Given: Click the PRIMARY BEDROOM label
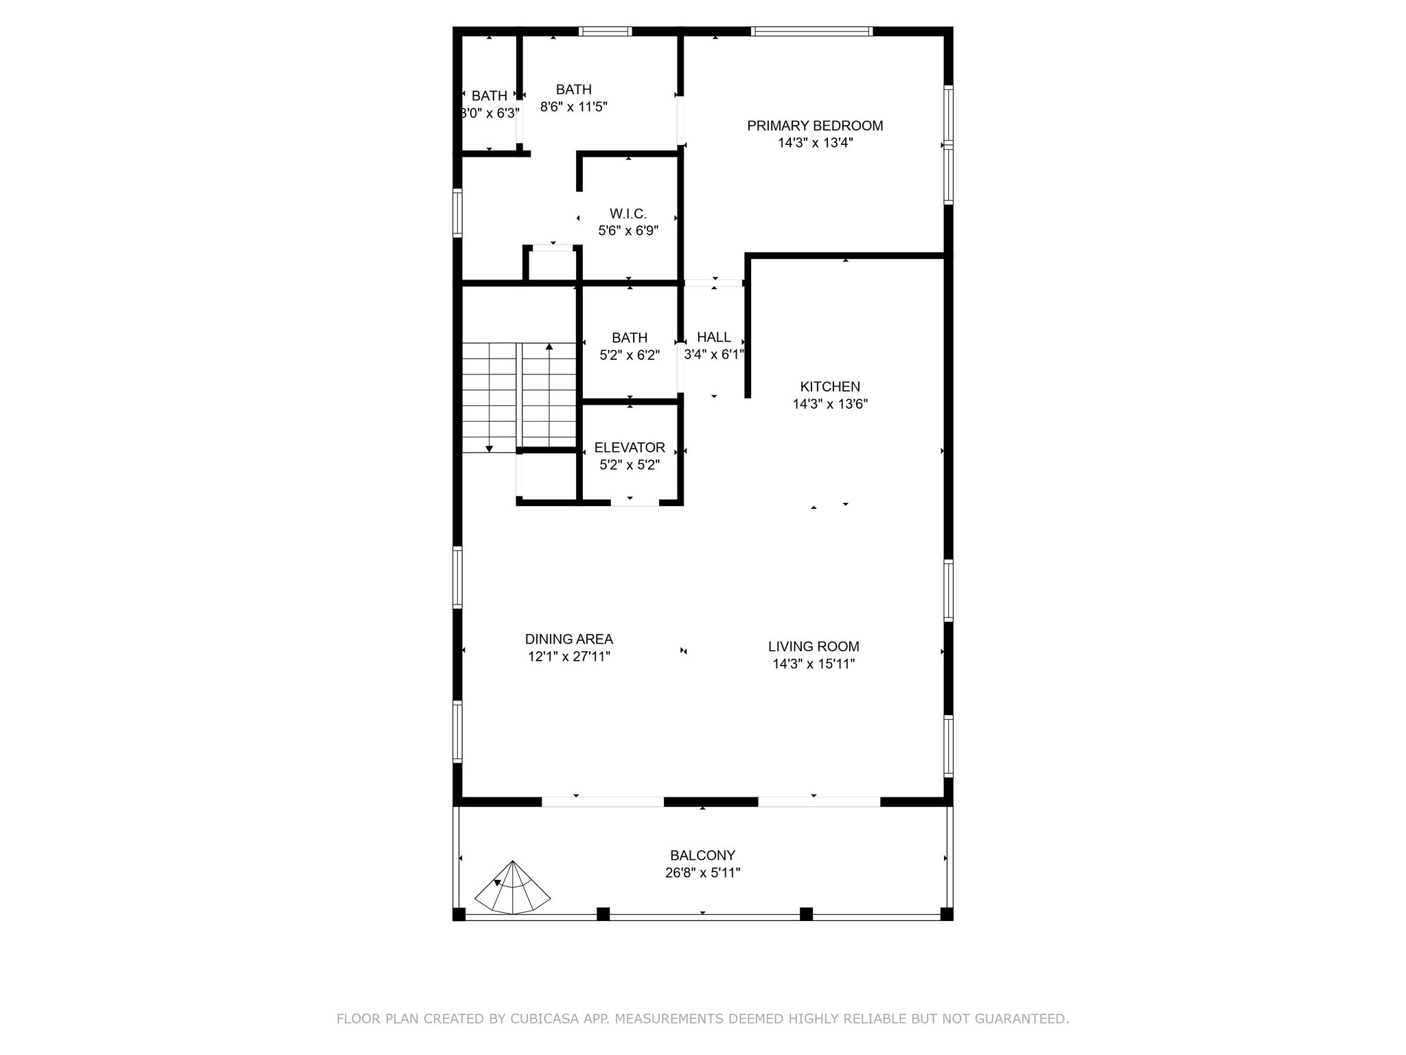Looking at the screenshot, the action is (x=815, y=126).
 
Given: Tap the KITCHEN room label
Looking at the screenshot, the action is (x=830, y=387).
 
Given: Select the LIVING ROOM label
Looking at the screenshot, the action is (x=814, y=646).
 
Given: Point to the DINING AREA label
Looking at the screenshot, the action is (x=569, y=639).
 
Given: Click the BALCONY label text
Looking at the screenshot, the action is (x=702, y=856).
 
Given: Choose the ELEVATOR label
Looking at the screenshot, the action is (x=630, y=448).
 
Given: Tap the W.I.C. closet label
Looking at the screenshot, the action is (x=628, y=214).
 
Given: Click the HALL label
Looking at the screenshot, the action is (x=714, y=337).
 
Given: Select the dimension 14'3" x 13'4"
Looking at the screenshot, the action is (x=816, y=143).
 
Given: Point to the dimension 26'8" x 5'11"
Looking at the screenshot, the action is (x=702, y=873).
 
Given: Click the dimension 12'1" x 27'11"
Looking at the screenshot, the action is (x=569, y=657).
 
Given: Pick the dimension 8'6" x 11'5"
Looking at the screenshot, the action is (x=574, y=106).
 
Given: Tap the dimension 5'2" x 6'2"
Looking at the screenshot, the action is (x=630, y=355).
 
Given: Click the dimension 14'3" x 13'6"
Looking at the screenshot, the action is (x=830, y=404).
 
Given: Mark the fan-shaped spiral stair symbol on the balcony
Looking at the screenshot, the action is (x=513, y=889).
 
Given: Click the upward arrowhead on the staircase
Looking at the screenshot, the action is (x=549, y=347).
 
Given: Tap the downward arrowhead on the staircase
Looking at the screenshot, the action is (x=489, y=449).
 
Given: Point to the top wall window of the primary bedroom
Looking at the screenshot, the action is (x=811, y=31).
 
